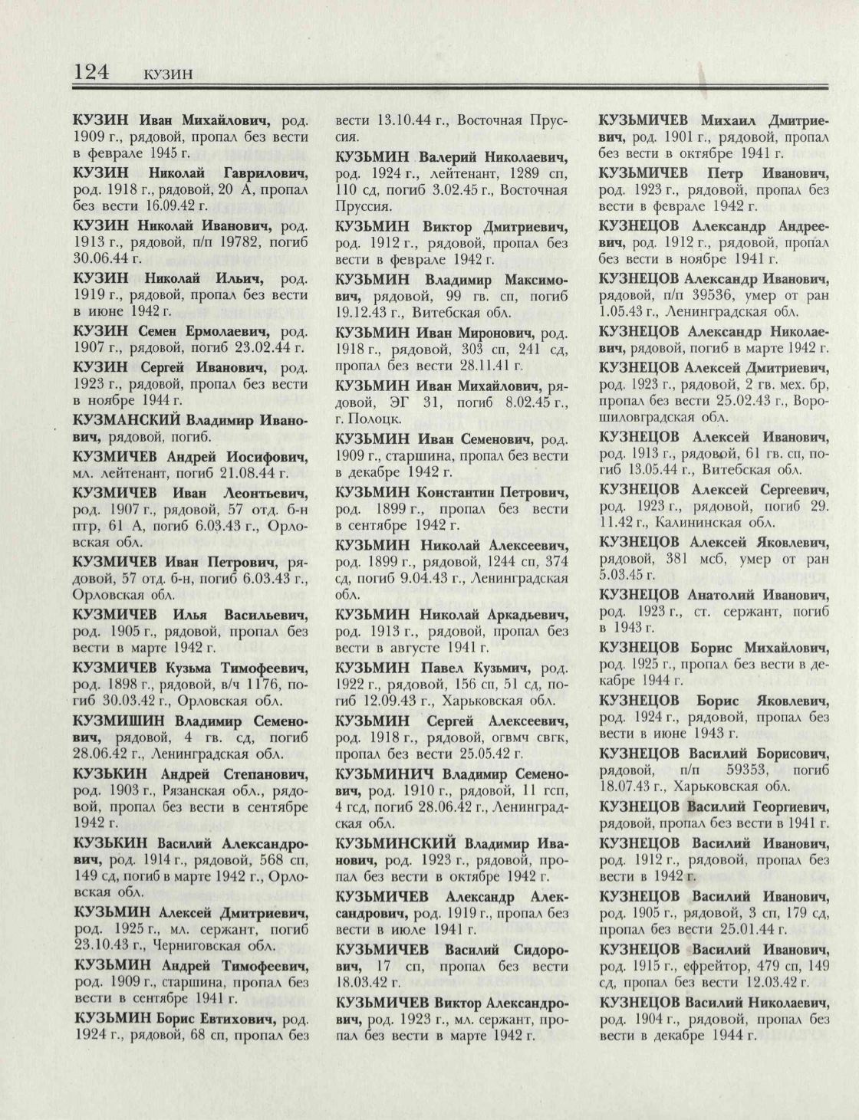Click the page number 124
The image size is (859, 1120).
click(92, 71)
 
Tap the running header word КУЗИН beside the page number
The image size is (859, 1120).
click(166, 74)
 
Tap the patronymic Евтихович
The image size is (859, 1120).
click(234, 1020)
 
